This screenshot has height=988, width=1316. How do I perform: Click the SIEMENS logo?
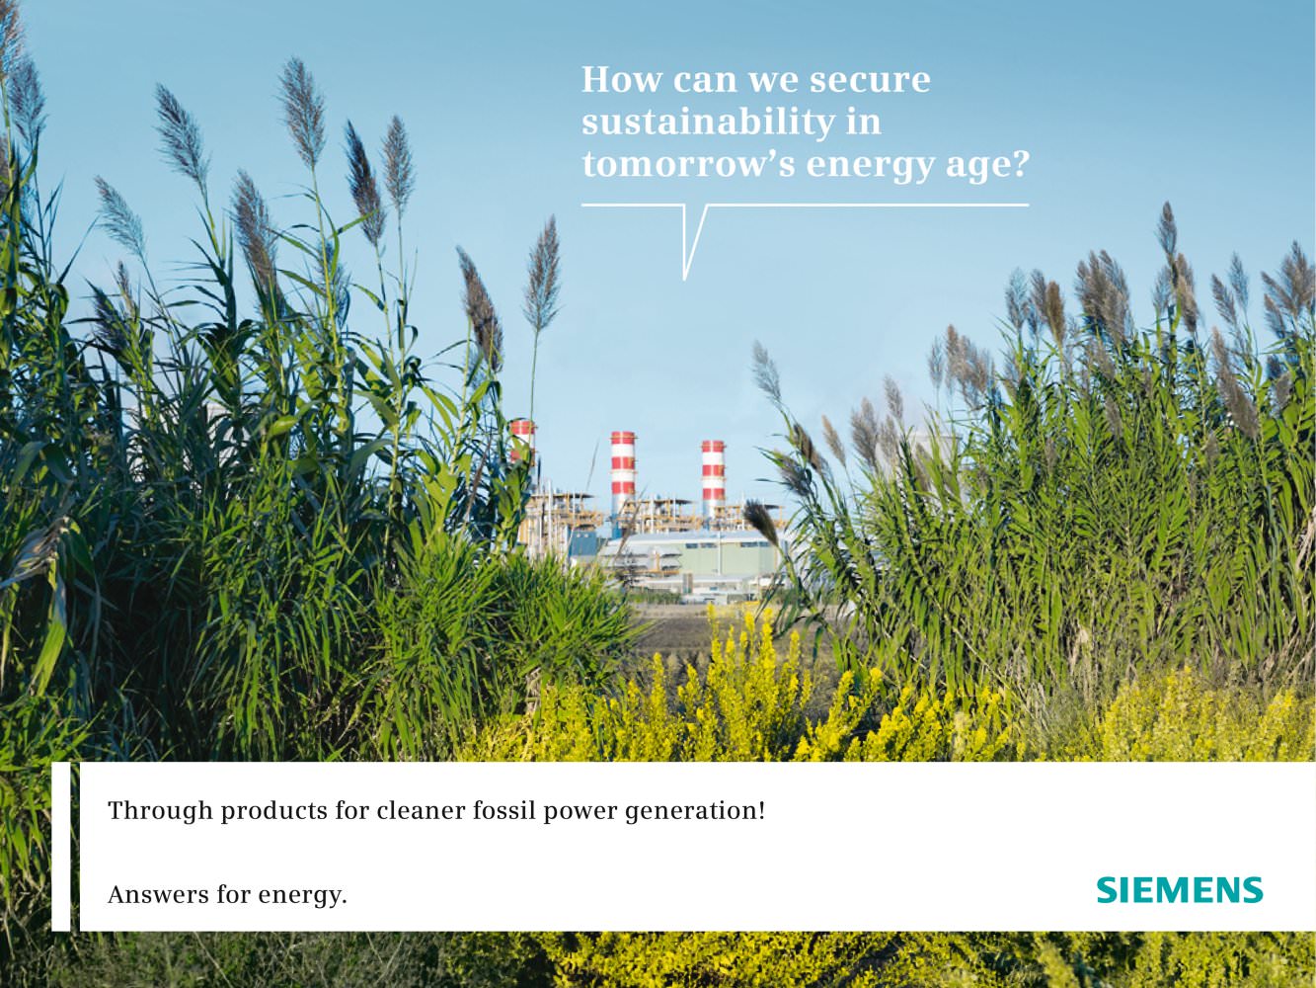pyautogui.click(x=1180, y=891)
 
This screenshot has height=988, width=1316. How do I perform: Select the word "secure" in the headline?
pyautogui.click(x=870, y=81)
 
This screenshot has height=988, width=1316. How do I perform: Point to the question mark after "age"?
pyautogui.click(x=1019, y=163)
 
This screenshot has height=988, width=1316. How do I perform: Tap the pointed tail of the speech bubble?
pyautogui.click(x=685, y=278)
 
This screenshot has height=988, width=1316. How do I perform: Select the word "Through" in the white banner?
pyautogui.click(x=160, y=811)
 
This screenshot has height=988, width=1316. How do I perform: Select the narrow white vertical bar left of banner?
pyautogui.click(x=60, y=847)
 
